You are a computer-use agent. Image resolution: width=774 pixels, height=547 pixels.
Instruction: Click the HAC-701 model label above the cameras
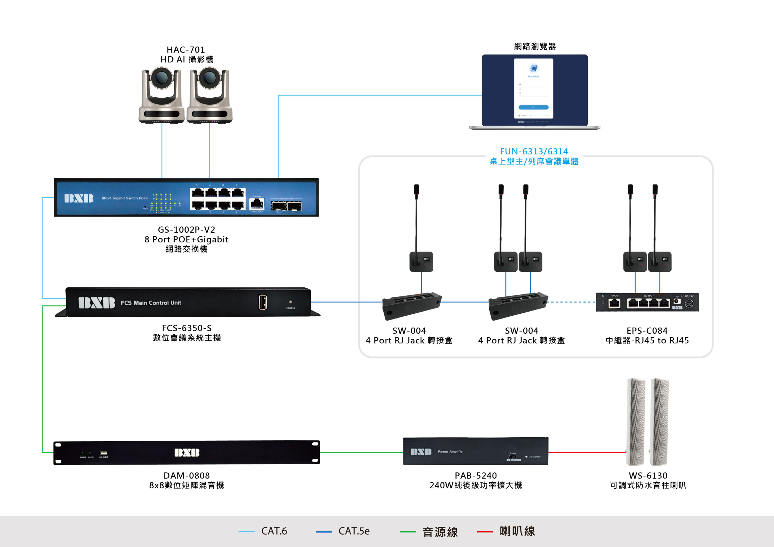(186, 50)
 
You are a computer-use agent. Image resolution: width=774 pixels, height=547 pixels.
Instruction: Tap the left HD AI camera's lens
(161, 78)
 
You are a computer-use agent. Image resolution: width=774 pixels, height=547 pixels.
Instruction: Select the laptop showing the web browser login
(534, 92)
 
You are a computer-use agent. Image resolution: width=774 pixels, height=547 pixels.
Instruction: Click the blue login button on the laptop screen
(533, 107)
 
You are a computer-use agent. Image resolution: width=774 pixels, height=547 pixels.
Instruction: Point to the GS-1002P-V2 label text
(187, 229)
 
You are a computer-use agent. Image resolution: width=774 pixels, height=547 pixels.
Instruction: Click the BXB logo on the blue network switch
(79, 198)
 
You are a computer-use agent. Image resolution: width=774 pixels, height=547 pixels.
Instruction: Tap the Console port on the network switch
(257, 204)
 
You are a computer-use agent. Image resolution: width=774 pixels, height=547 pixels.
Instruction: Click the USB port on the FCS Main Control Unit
(263, 302)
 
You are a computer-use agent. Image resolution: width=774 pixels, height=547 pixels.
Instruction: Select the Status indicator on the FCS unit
(291, 302)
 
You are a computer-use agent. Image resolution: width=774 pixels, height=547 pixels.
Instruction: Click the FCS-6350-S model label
(187, 328)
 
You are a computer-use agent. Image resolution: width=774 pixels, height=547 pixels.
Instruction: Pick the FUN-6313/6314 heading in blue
(534, 151)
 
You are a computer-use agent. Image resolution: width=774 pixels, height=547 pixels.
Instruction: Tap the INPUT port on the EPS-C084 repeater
(614, 303)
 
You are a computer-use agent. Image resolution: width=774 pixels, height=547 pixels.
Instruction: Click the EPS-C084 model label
(647, 331)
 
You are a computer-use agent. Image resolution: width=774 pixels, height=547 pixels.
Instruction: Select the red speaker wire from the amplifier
(587, 453)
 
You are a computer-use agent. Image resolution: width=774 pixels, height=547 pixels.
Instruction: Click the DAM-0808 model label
(187, 476)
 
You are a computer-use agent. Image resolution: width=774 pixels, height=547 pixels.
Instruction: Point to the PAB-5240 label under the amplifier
(476, 476)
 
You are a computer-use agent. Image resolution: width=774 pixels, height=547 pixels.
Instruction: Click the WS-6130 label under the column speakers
(648, 476)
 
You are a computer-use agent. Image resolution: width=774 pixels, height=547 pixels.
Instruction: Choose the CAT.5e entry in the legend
(354, 531)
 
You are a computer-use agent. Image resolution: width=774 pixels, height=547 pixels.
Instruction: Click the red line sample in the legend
(485, 532)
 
